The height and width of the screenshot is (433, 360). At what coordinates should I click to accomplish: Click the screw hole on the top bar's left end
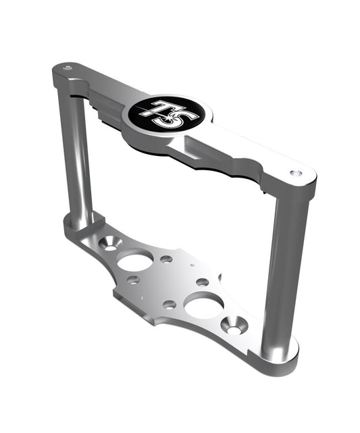pyautogui.click(x=67, y=68)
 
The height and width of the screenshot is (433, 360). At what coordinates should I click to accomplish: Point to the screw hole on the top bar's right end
pyautogui.click(x=295, y=173)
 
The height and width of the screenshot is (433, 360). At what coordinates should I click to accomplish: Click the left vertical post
pyautogui.click(x=79, y=155)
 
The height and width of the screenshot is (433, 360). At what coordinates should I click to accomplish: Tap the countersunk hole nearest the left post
pyautogui.click(x=109, y=243)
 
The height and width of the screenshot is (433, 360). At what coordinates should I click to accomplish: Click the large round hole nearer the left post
pyautogui.click(x=135, y=260)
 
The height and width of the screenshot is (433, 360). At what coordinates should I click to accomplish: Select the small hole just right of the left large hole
pyautogui.click(x=165, y=259)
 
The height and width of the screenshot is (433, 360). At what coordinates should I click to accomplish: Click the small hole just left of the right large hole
pyautogui.click(x=170, y=305)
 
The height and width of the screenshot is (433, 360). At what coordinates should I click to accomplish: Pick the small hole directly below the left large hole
pyautogui.click(x=134, y=280)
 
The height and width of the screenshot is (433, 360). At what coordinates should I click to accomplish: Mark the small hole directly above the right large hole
pyautogui.click(x=202, y=282)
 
